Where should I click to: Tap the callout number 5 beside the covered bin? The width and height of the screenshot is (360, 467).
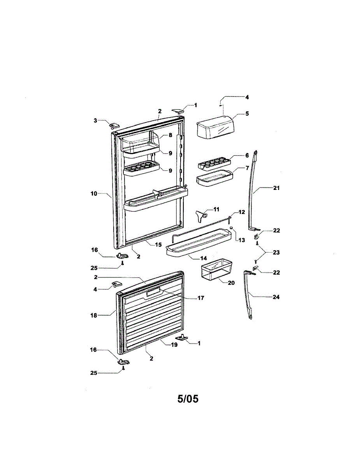point(247,114)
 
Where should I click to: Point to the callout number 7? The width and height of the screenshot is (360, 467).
point(247,168)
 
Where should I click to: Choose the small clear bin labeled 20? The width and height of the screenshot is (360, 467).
point(217,269)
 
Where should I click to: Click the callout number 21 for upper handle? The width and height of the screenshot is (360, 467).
point(276,188)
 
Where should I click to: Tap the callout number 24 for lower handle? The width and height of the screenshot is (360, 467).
point(276,297)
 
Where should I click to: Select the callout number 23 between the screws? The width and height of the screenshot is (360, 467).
point(276,252)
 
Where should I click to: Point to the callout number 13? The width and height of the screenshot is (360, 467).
point(242,240)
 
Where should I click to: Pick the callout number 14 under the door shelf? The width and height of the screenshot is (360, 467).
point(204,258)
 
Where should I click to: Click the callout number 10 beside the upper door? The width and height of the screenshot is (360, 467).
point(94,194)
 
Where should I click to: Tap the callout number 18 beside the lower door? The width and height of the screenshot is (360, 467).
point(94,316)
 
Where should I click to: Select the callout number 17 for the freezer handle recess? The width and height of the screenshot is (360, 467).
point(201,298)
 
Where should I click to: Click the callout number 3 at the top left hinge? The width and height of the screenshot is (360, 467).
point(95,121)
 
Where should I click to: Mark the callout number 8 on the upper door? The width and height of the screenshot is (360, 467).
point(170,135)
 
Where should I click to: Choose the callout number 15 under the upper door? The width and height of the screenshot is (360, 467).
point(158,244)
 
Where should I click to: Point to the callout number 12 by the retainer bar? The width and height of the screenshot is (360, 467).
point(242,212)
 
